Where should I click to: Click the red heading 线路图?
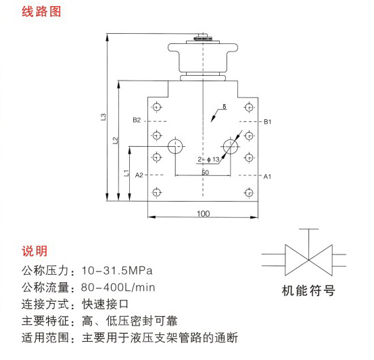click(41, 12)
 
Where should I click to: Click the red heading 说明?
click(34, 251)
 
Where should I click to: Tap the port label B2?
click(137, 120)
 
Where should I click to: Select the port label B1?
click(267, 122)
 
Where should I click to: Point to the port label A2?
click(139, 175)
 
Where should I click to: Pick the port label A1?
click(267, 177)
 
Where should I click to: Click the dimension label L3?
click(103, 117)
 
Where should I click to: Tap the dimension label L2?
click(115, 140)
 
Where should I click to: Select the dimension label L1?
click(126, 173)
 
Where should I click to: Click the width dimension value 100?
click(203, 213)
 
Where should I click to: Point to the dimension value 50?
click(205, 173)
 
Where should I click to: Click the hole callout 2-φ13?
click(208, 159)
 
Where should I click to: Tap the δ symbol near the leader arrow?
click(225, 106)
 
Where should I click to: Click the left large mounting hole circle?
click(175, 140)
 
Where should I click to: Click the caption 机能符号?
click(308, 290)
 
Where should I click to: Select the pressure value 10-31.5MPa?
click(117, 271)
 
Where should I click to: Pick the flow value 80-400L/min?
click(118, 287)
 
